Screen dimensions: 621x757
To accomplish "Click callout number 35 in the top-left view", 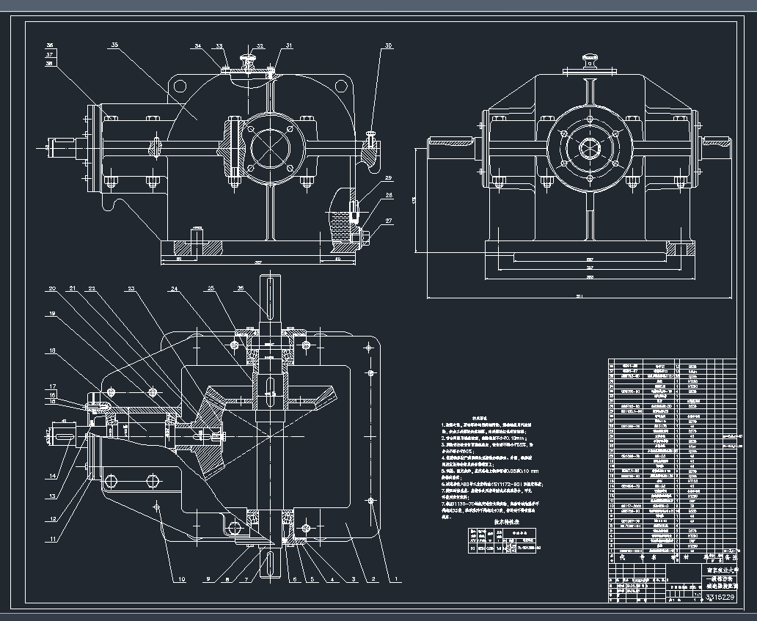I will tap(114, 45).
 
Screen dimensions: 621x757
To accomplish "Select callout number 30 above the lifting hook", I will tap(388, 45).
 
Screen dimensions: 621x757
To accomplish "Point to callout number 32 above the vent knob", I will tap(260, 46).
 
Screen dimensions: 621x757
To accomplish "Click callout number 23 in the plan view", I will tap(132, 289).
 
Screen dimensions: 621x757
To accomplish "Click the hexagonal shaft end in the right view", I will tap(588, 147).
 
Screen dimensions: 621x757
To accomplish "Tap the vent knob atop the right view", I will tap(588, 59).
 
